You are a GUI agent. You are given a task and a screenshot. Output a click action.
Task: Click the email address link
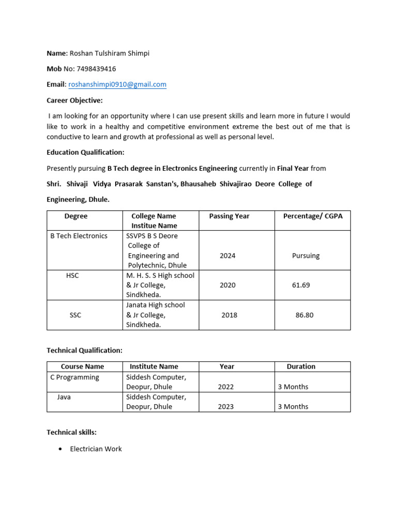117,84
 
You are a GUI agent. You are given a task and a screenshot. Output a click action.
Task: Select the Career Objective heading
74,100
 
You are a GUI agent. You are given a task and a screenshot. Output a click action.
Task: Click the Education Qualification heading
85,153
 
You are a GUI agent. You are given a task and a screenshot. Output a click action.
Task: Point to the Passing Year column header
229,216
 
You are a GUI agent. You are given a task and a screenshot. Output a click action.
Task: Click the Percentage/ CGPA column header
313,216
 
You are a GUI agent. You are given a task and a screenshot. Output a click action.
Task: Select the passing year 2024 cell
227,256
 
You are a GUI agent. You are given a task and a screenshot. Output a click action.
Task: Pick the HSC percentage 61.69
301,285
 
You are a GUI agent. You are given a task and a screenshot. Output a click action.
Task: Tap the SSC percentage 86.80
304,315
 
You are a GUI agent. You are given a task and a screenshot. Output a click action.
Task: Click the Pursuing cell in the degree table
306,256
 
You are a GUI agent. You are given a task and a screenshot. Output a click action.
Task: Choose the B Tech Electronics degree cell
79,236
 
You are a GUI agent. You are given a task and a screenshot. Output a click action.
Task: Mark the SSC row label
75,315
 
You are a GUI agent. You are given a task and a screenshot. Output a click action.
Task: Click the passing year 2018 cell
230,315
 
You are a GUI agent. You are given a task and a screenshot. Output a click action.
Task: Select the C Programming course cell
74,377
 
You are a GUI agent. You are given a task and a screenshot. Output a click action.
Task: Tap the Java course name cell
64,397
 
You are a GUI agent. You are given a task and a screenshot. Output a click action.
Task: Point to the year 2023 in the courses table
226,407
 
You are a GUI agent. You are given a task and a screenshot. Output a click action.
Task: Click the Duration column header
301,366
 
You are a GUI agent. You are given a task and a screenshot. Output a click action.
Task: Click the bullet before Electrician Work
61,449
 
